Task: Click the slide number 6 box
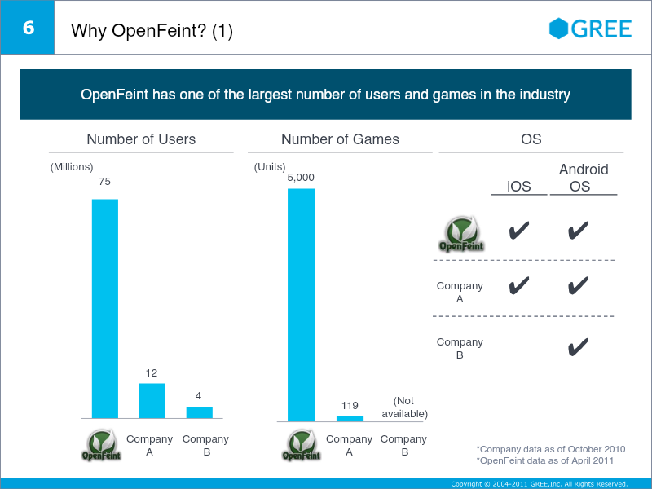28,28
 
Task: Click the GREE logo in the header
591,29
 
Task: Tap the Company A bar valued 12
152,400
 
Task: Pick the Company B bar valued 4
199,412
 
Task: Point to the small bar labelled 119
350,418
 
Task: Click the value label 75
104,182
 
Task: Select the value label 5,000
301,177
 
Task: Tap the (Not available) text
404,407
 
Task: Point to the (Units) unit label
270,167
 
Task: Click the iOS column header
519,187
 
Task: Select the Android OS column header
584,178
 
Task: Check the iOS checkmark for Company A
518,285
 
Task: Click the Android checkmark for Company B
578,348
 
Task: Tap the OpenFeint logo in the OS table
461,234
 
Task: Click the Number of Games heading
340,139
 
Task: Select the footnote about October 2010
551,449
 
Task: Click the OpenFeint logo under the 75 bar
103,445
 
